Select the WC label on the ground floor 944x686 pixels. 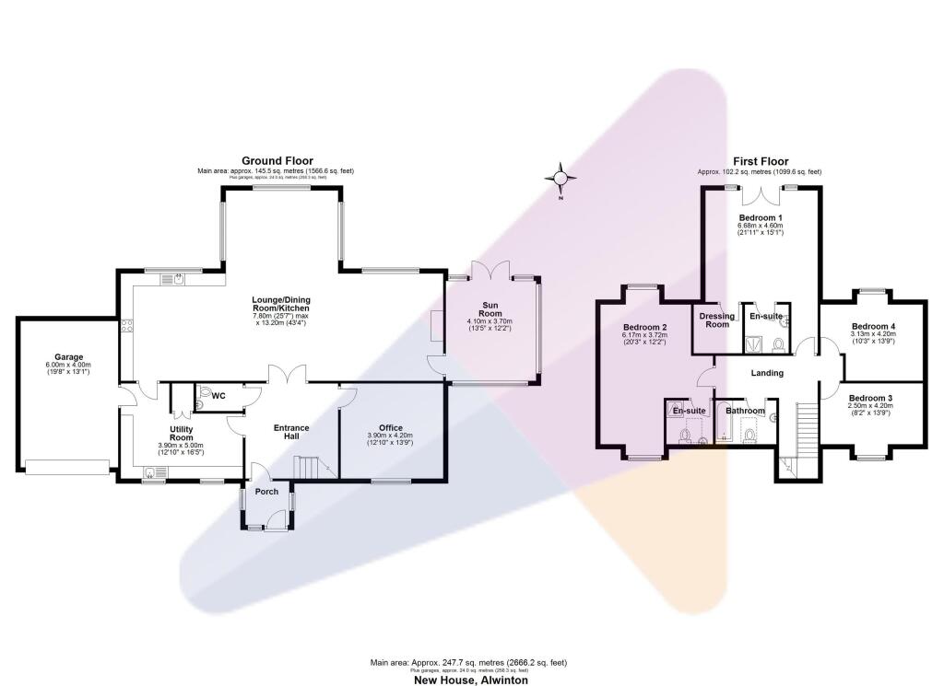click(x=218, y=396)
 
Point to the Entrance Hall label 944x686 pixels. click(x=291, y=433)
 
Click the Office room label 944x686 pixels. click(x=391, y=427)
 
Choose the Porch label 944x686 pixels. click(x=266, y=491)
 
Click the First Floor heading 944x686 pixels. click(x=761, y=162)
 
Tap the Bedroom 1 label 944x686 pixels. click(x=760, y=217)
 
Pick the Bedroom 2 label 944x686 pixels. click(x=644, y=328)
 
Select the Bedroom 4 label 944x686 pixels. click(x=874, y=327)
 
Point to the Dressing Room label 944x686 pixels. click(x=716, y=320)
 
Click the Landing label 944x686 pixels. click(x=767, y=373)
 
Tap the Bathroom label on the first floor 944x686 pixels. click(x=745, y=411)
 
